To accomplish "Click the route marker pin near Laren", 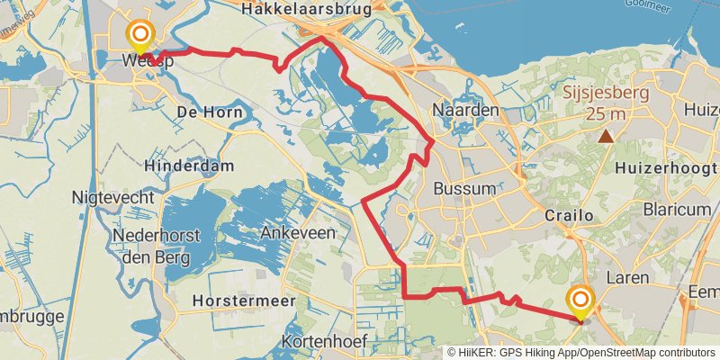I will [x=580, y=302].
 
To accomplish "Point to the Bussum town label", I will [x=464, y=189].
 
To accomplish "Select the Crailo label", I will [x=569, y=216].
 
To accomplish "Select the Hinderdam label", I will [x=189, y=166].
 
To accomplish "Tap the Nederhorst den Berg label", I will [x=151, y=247].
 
